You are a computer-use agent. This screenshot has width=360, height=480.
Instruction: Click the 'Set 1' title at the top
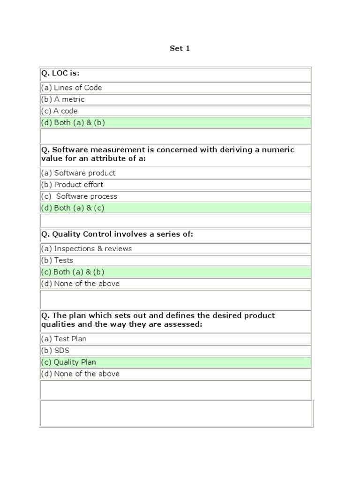180,48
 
